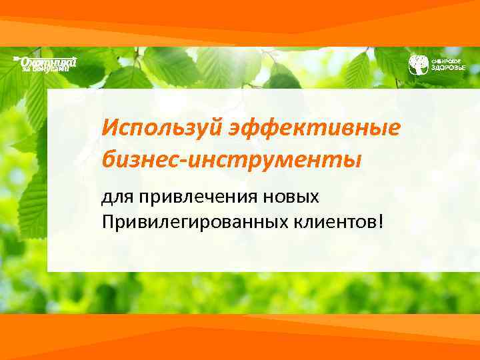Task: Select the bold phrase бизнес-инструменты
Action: [231, 160]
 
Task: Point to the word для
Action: [117, 197]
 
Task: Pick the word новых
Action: [295, 197]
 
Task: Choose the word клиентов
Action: [336, 220]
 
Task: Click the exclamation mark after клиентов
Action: [381, 219]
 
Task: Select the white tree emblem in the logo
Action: [418, 65]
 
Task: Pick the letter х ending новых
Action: [316, 198]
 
